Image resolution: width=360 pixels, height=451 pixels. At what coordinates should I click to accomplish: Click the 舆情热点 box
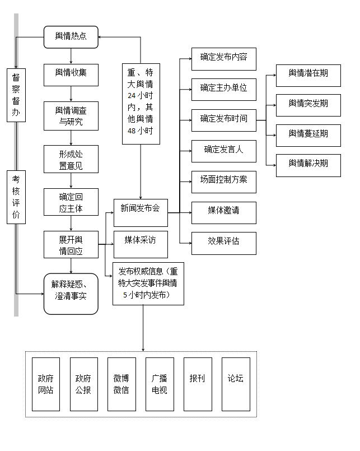(x=71, y=37)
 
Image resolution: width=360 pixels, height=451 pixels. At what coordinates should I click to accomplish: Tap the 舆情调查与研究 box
(x=71, y=116)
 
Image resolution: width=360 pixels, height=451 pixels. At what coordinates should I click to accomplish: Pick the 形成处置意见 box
(x=71, y=159)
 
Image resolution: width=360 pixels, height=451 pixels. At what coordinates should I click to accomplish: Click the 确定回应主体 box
(x=71, y=202)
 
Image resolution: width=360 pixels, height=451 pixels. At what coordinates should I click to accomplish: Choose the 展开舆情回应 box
(x=71, y=245)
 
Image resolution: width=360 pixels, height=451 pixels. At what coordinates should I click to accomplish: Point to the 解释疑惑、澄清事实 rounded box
(x=71, y=294)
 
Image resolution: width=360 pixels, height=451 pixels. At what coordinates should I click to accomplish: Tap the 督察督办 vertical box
(x=16, y=95)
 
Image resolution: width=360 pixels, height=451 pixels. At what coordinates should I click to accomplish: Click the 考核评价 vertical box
(x=16, y=197)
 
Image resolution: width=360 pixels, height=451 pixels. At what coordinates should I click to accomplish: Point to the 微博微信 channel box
(x=121, y=384)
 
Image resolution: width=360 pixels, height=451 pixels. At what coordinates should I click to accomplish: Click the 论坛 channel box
(x=236, y=384)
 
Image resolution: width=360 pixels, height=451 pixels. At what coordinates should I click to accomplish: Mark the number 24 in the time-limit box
(x=132, y=96)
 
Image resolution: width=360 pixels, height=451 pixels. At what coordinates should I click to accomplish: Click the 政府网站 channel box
(x=46, y=384)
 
